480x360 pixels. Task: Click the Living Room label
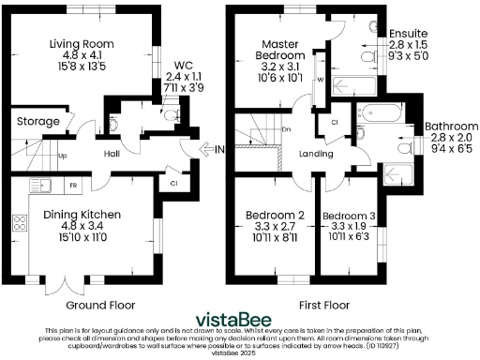81,41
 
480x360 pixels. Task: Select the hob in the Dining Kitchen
19,223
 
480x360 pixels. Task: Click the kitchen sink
42,186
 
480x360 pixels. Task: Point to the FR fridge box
72,186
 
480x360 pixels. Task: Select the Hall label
112,155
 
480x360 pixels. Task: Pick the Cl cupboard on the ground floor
173,183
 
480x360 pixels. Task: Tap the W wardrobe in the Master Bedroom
321,81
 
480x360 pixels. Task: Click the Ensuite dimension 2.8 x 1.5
410,44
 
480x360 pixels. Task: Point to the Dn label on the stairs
287,128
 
